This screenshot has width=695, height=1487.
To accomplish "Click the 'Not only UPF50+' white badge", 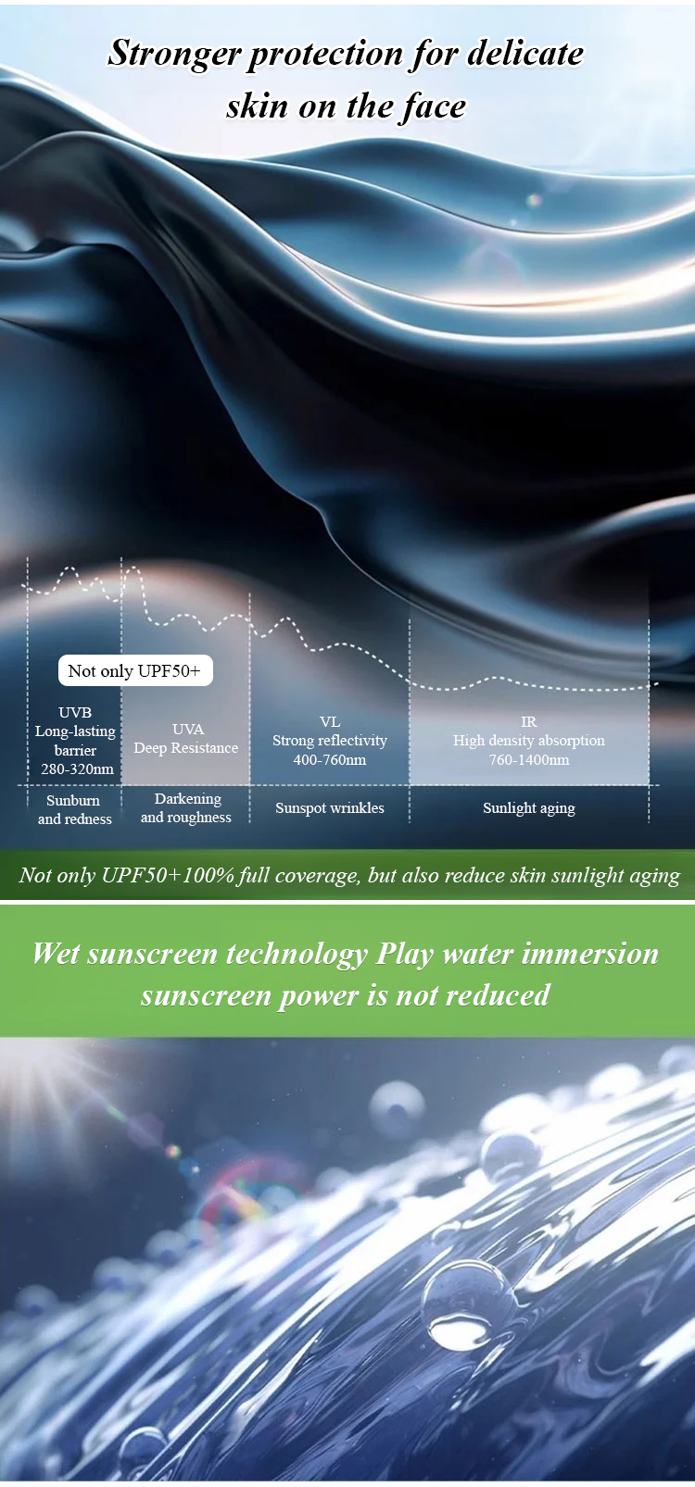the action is pos(135,670).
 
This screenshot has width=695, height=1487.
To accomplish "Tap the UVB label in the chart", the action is pos(75,712).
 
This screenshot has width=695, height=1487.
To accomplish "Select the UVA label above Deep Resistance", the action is pos(188,729).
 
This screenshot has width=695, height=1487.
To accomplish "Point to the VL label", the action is pos(330,721).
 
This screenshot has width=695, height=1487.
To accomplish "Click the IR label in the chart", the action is pos(529,721).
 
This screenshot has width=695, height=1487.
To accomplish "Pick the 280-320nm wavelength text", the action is pos(77,769).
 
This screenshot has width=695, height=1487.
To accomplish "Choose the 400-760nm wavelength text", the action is pos(330,759).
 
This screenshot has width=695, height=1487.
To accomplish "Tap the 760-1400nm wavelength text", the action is pos(529,759).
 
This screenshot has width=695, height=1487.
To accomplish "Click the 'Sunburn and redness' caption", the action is pos(74,809).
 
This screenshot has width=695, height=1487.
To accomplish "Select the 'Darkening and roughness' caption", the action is pos(186,808).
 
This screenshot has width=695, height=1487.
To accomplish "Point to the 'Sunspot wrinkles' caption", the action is pos(330,808).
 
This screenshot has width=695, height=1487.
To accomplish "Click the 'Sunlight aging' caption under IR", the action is pos(529,808).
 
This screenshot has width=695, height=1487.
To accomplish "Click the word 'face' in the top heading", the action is pos(433,106).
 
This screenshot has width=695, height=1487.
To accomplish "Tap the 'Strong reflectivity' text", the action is pos(330,741).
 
